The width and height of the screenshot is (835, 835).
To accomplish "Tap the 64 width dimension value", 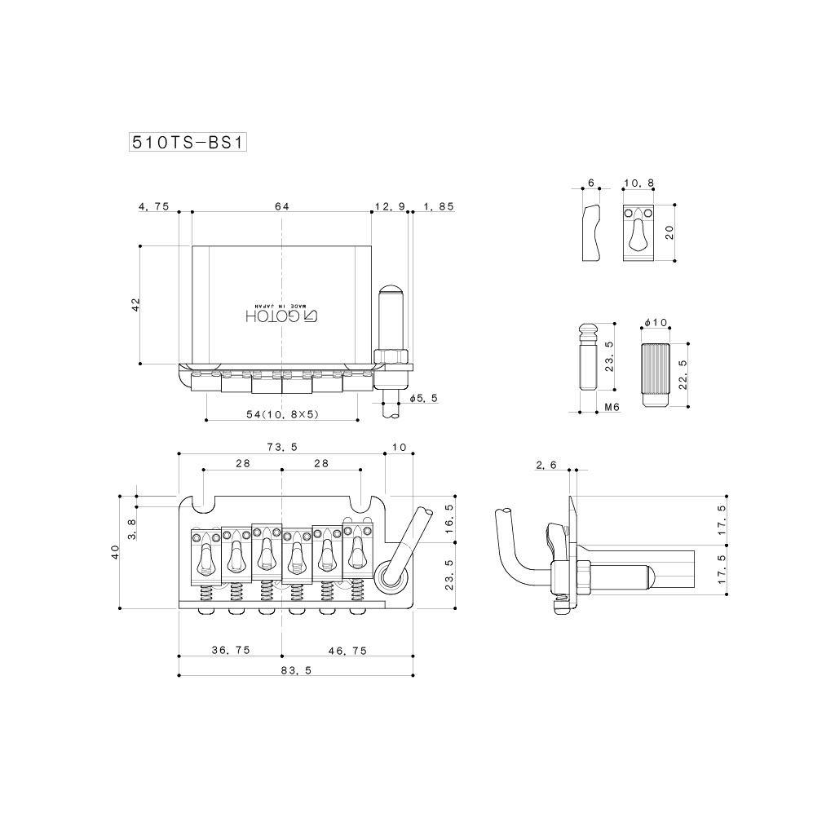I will (x=282, y=207).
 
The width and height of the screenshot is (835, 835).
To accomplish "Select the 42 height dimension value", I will (x=136, y=303).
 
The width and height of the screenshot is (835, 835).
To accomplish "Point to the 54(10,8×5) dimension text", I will (x=281, y=414).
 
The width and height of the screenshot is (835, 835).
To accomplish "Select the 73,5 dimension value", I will (x=281, y=447).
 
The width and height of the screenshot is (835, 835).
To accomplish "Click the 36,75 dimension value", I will (x=231, y=650).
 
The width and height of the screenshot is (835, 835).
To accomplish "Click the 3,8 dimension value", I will (x=132, y=528).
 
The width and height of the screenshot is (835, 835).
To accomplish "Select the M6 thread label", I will (x=612, y=406).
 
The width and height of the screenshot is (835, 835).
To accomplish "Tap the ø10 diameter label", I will (x=656, y=324).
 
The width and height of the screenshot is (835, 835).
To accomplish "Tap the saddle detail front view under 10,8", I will (x=638, y=232).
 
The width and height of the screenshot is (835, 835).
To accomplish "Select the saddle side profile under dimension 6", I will (x=591, y=232).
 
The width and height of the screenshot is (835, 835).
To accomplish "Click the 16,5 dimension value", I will (x=448, y=517).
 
